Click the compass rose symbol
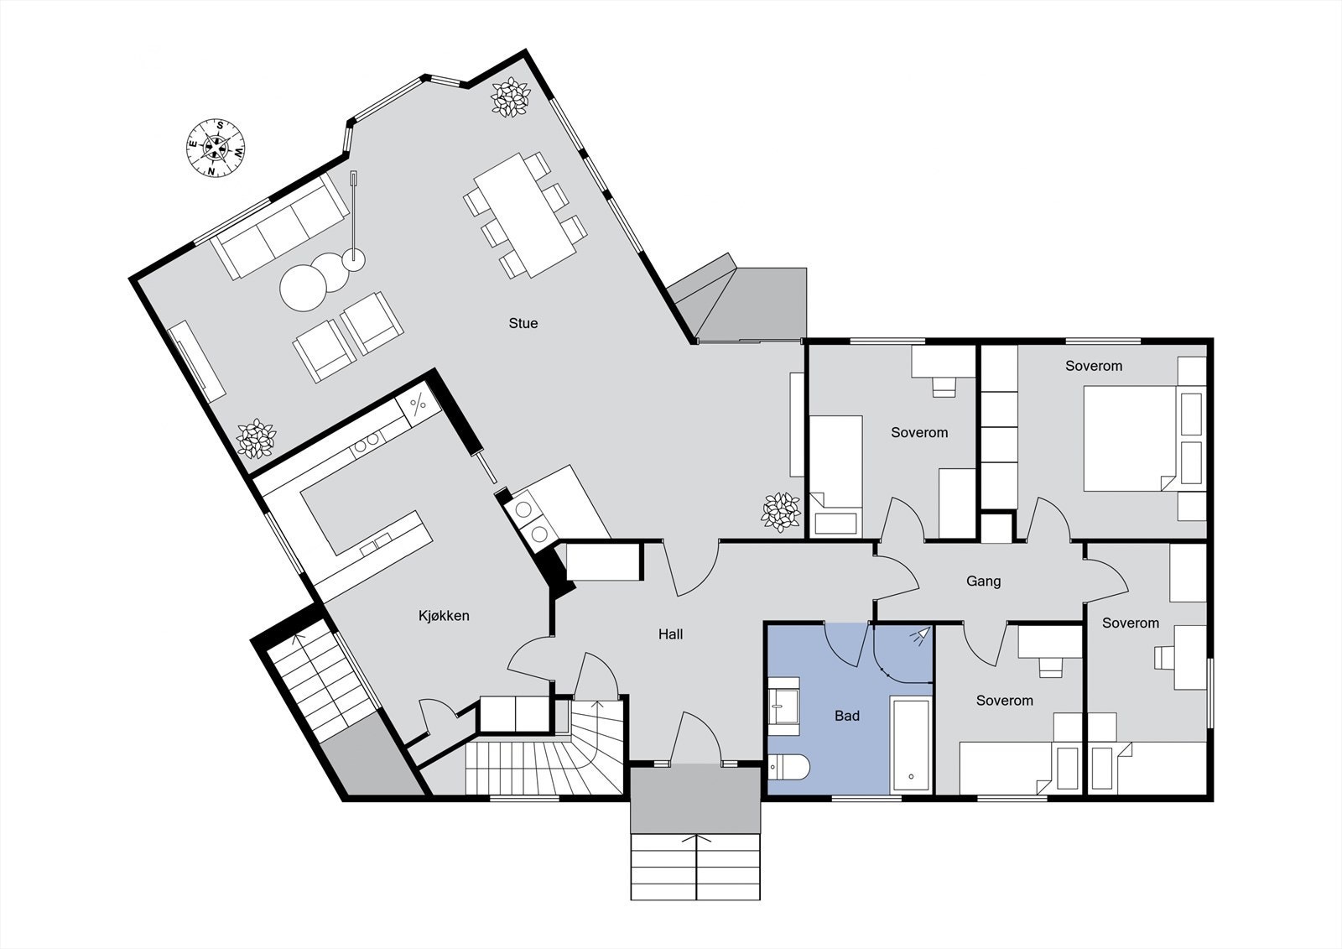click(216, 149)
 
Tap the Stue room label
click(523, 323)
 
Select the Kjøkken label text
click(444, 616)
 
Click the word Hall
click(670, 634)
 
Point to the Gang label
click(983, 581)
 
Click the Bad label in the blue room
click(846, 716)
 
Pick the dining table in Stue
click(524, 214)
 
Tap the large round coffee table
click(302, 288)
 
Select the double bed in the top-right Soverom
click(1128, 438)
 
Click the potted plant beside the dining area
click(509, 98)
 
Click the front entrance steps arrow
click(695, 839)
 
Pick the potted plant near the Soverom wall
click(780, 512)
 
